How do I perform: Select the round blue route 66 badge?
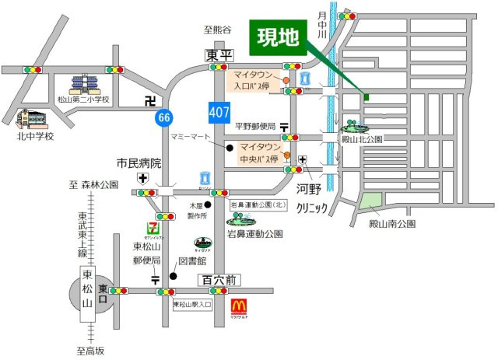click(163, 117)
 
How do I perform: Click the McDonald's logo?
click(240, 306)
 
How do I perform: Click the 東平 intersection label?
click(219, 55)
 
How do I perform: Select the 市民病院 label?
click(139, 163)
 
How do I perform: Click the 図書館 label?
click(191, 262)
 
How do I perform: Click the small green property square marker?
click(366, 97)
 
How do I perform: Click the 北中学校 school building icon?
click(31, 119)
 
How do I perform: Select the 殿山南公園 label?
click(392, 223)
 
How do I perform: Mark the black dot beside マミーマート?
click(230, 146)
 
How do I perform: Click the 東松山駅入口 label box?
click(193, 304)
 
